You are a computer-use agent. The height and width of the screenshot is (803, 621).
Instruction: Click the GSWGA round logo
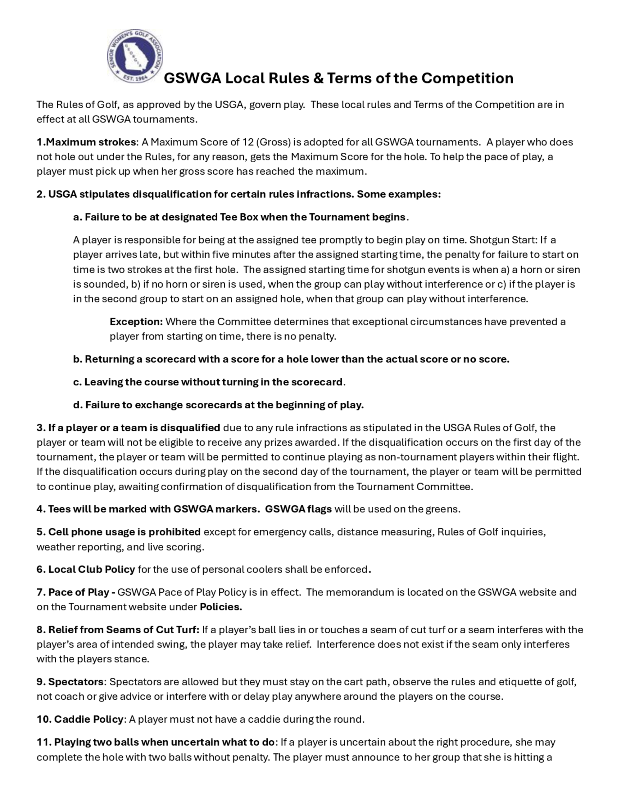135,56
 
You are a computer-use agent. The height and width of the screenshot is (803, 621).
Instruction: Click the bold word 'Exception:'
136,322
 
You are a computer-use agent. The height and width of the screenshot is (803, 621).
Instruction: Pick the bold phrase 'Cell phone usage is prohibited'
124,532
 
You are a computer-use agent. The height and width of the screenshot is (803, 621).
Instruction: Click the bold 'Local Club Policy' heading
92,570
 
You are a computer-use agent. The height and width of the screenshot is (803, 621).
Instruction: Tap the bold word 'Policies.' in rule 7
221,607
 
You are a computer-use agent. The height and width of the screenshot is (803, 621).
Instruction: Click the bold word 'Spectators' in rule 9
76,682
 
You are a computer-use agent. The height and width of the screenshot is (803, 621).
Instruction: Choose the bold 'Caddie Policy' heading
88,720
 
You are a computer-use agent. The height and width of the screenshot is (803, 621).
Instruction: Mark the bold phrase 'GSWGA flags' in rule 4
298,509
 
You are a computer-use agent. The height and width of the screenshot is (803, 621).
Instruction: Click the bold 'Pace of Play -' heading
82,592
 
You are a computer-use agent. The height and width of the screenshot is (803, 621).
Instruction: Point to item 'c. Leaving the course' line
209,382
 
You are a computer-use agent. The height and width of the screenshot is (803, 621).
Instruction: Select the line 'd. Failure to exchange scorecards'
218,405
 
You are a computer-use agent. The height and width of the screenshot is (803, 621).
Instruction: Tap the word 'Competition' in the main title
467,78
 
